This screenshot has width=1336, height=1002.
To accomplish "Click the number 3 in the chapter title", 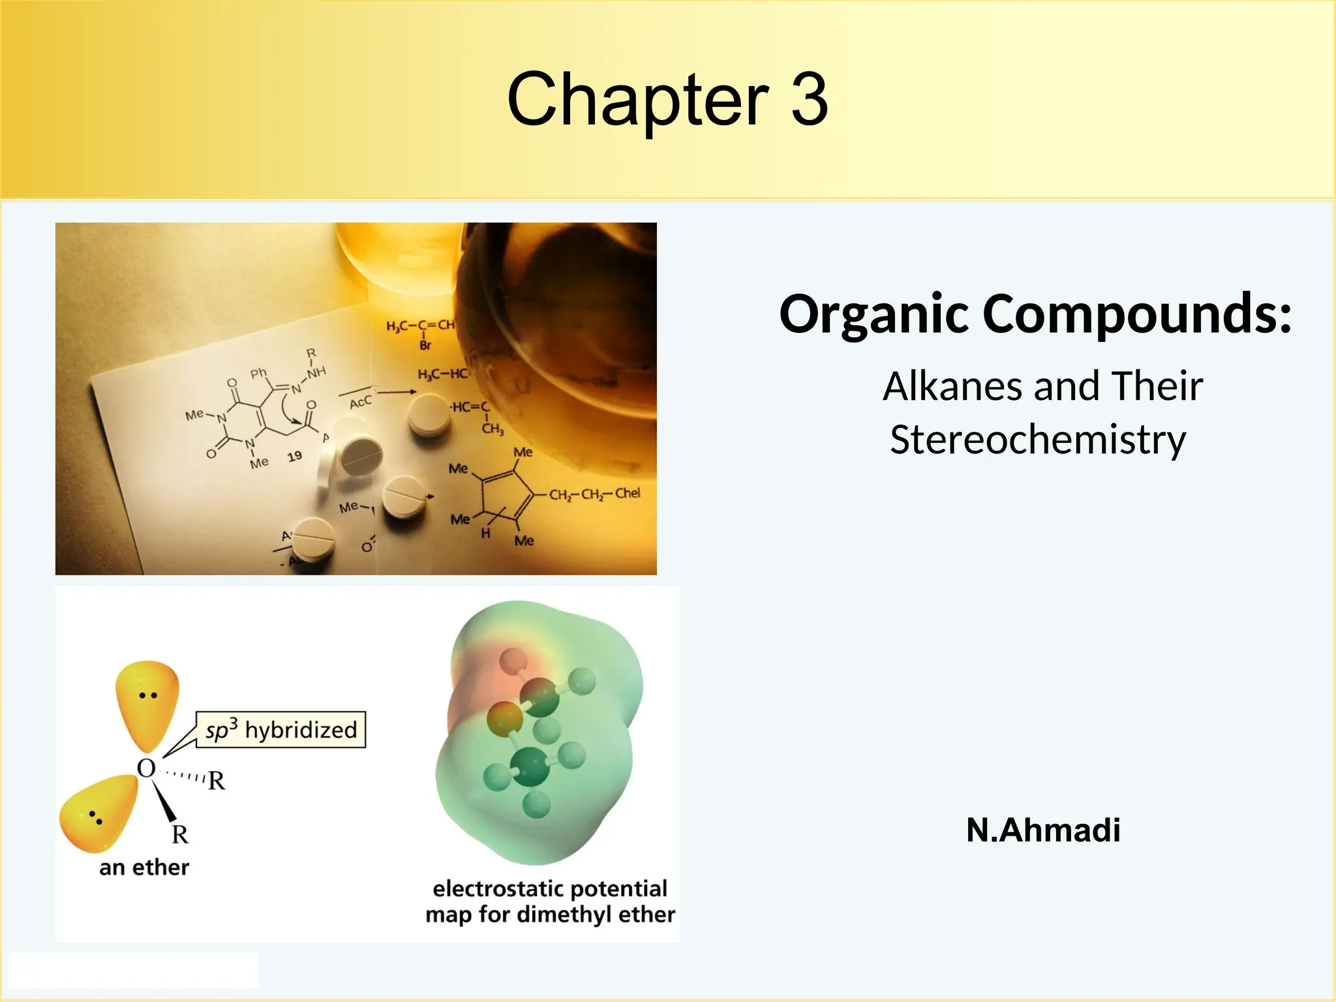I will (809, 100).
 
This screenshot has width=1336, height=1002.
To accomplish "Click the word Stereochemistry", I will (1038, 439).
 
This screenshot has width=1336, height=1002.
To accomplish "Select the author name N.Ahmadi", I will (1043, 830).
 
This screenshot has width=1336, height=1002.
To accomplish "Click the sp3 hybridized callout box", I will (281, 729).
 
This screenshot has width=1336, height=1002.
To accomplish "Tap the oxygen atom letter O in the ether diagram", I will (146, 768).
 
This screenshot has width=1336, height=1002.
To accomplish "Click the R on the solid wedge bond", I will (180, 834).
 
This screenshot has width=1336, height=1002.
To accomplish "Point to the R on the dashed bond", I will (217, 780).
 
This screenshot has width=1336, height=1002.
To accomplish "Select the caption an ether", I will (144, 868).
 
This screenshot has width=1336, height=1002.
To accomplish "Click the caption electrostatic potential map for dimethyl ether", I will (550, 902).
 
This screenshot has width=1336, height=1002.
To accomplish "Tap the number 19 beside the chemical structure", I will (295, 456).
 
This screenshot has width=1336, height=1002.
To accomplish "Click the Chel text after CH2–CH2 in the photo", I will (627, 493).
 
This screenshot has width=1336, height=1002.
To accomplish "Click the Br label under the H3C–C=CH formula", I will (425, 345).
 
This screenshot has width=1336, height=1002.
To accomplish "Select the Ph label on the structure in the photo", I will (258, 373).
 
